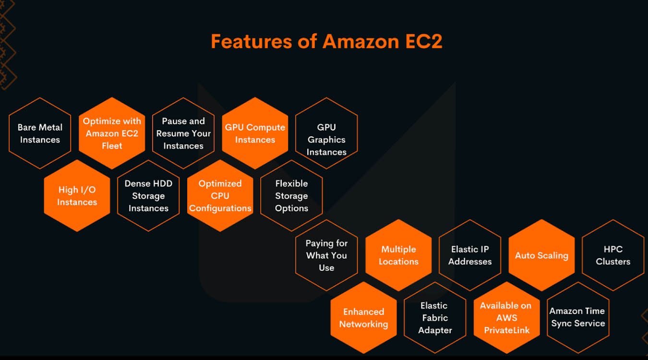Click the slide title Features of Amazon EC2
click(326, 41)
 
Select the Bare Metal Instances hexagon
click(40, 133)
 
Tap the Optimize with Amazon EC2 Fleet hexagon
click(112, 133)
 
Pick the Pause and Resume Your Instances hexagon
click(183, 133)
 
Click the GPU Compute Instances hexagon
click(255, 133)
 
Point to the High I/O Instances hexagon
click(77, 196)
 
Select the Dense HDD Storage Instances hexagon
click(148, 196)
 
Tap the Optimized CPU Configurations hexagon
click(220, 196)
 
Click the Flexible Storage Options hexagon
click(291, 196)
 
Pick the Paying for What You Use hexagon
click(326, 255)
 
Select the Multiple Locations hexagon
click(398, 255)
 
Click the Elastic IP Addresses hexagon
click(470, 255)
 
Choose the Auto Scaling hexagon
click(541, 255)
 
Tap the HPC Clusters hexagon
click(613, 255)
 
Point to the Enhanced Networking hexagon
click(363, 318)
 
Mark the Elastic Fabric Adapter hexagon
click(435, 318)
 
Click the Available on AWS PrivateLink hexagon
click(506, 318)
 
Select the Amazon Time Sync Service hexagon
click(578, 318)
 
